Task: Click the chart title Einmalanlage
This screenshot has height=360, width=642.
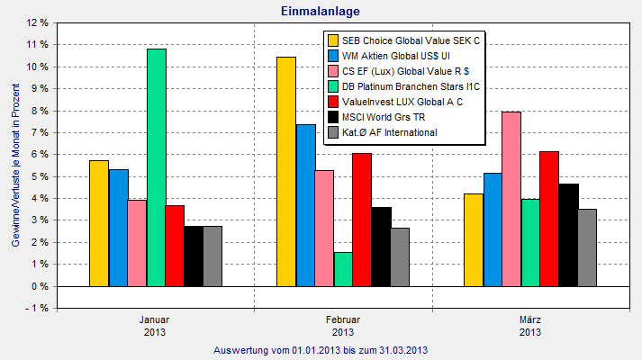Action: pos(321,10)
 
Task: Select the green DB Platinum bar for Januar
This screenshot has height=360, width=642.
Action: pos(157,167)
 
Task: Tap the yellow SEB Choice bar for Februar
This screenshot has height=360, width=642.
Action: pos(286,171)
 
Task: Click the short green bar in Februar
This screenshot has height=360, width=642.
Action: pos(343,269)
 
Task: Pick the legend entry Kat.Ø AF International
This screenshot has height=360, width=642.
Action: pos(390,132)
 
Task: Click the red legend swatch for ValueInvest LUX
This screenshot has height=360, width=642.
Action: pos(333,102)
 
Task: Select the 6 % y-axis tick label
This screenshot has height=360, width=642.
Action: pos(39,154)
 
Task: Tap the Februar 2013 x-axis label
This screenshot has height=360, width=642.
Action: pos(343,326)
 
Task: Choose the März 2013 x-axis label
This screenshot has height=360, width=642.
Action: pos(529,326)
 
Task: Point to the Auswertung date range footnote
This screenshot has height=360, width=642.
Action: pos(320,350)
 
